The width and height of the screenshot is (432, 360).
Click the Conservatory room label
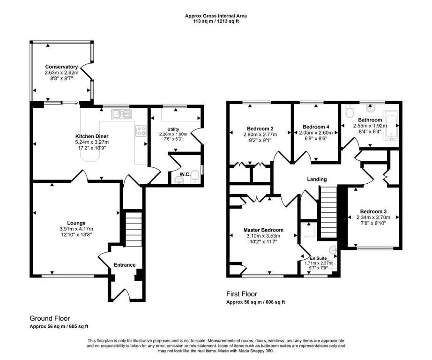pyautogui.click(x=61, y=67)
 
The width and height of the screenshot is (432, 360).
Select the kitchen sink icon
pyautogui.click(x=121, y=114)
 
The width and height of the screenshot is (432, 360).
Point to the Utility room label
pyautogui.click(x=173, y=129)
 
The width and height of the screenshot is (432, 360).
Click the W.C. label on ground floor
pyautogui.click(x=185, y=174)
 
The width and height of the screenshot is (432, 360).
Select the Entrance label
pyautogui.click(x=125, y=265)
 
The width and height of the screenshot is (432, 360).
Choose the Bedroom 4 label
pyautogui.click(x=316, y=127)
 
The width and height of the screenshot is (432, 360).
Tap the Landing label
pyautogui.click(x=317, y=179)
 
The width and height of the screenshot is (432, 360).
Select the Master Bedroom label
pyautogui.click(x=263, y=230)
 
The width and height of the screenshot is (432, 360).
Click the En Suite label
pyautogui.click(x=319, y=258)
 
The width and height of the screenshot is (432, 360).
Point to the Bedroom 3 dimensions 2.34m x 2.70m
pyautogui.click(x=373, y=217)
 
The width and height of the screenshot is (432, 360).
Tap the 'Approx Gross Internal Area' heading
pyautogui.click(x=216, y=16)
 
